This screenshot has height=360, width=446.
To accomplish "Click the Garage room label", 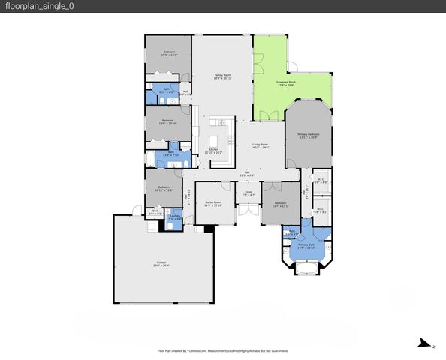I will (x=162, y=263).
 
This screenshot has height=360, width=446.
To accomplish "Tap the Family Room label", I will (x=222, y=76).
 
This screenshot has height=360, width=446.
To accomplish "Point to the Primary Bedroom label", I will (x=308, y=136).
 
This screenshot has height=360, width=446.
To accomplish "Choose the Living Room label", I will (x=260, y=146).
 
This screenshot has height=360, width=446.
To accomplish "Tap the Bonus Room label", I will (x=213, y=203).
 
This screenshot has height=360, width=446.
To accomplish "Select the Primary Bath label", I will (x=306, y=246).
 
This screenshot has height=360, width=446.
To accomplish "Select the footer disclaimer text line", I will (x=222, y=350).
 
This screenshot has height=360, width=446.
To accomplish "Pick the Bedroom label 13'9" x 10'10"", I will (x=167, y=121).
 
